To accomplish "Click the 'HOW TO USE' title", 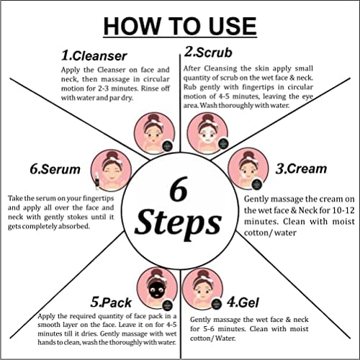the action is pyautogui.click(x=180, y=26).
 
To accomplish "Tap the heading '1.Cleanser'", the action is pyautogui.click(x=94, y=56).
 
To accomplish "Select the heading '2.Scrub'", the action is pyautogui.click(x=208, y=53).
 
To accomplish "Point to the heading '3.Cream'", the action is pyautogui.click(x=301, y=168).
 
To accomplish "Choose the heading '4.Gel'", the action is pyautogui.click(x=243, y=302).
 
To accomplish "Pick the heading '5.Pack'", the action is pyautogui.click(x=111, y=302).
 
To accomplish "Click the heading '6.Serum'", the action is pyautogui.click(x=55, y=169).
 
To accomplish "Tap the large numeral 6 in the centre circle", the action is pyautogui.click(x=179, y=189).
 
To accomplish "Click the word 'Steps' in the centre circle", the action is pyautogui.click(x=178, y=223).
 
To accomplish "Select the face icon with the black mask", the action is pyautogui.click(x=157, y=288).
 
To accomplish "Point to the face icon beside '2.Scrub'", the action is pyautogui.click(x=207, y=133).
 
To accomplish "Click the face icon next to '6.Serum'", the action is pyautogui.click(x=112, y=170).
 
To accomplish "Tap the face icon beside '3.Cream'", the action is pyautogui.click(x=248, y=168).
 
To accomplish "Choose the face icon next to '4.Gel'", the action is pyautogui.click(x=203, y=289).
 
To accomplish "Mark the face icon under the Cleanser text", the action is pyautogui.click(x=154, y=133).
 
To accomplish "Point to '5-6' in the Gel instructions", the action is pyautogui.click(x=208, y=328).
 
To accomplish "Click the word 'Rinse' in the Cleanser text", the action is pyautogui.click(x=150, y=89).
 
